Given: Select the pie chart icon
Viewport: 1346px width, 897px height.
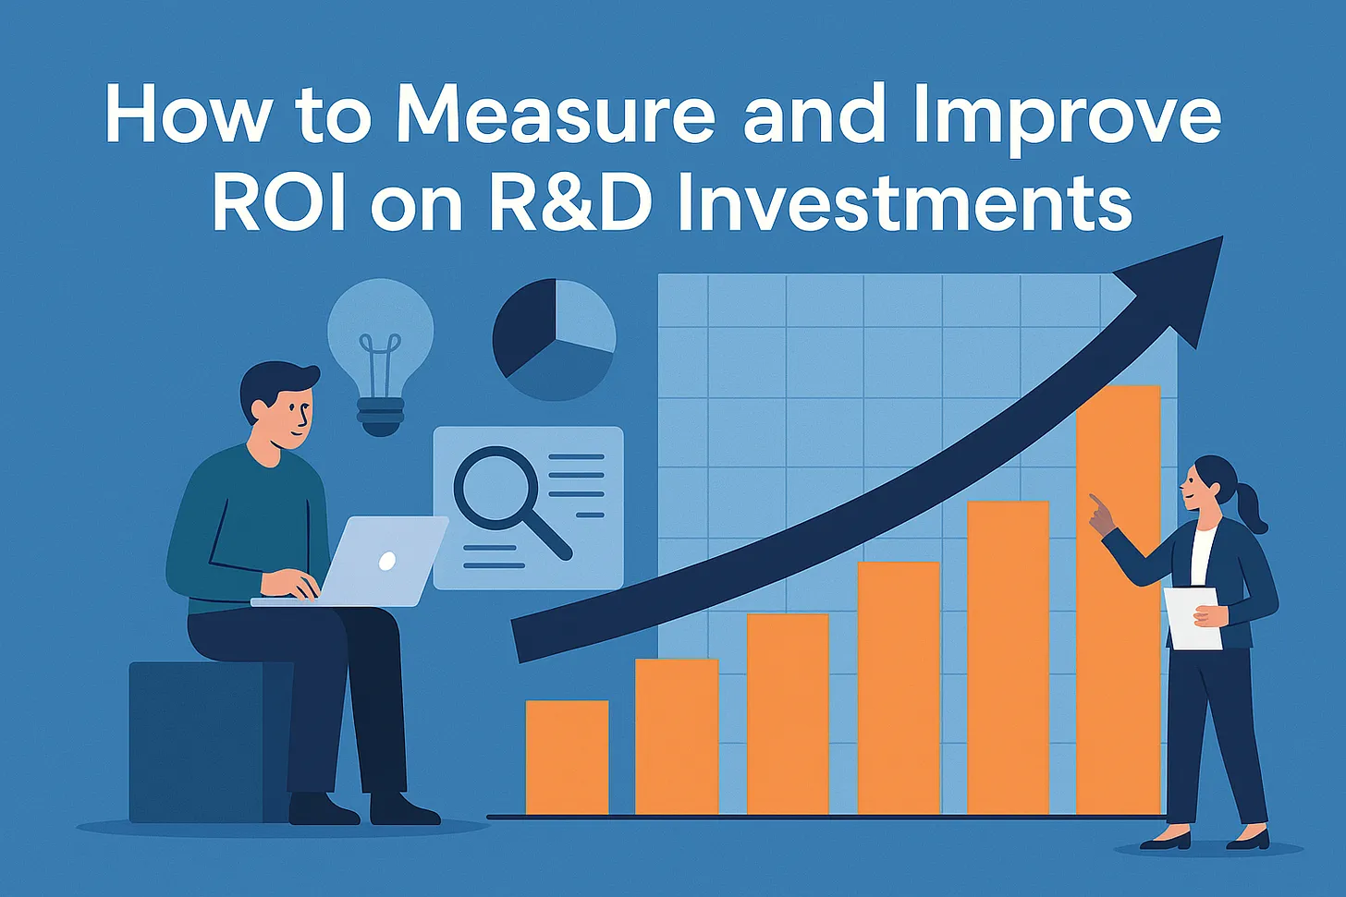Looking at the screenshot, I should point(554,340).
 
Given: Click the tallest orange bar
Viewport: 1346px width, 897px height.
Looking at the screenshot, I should point(1118,600).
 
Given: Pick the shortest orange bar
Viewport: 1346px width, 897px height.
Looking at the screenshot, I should point(567,758).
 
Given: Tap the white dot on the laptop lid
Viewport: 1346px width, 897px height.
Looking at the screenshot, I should point(387,561).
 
